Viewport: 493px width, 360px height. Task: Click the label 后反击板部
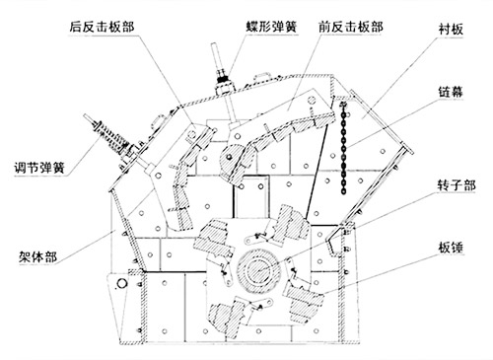(102, 27)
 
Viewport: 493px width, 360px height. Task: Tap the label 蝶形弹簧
(272, 27)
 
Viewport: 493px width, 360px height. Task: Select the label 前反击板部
(351, 27)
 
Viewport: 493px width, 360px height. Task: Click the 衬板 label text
(451, 30)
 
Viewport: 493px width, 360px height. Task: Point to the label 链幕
(451, 92)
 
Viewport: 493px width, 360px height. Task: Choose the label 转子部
(457, 185)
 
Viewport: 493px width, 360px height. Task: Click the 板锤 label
(451, 248)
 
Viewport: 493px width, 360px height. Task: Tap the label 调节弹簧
(39, 168)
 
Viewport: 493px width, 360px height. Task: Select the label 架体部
(37, 256)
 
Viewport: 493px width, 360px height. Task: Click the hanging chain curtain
(343, 148)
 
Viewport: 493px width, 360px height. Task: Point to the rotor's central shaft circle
(258, 271)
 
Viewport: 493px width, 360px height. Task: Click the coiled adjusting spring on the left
(111, 137)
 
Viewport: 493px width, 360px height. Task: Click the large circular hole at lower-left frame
(122, 283)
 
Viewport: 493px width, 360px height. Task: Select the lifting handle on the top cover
(261, 76)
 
